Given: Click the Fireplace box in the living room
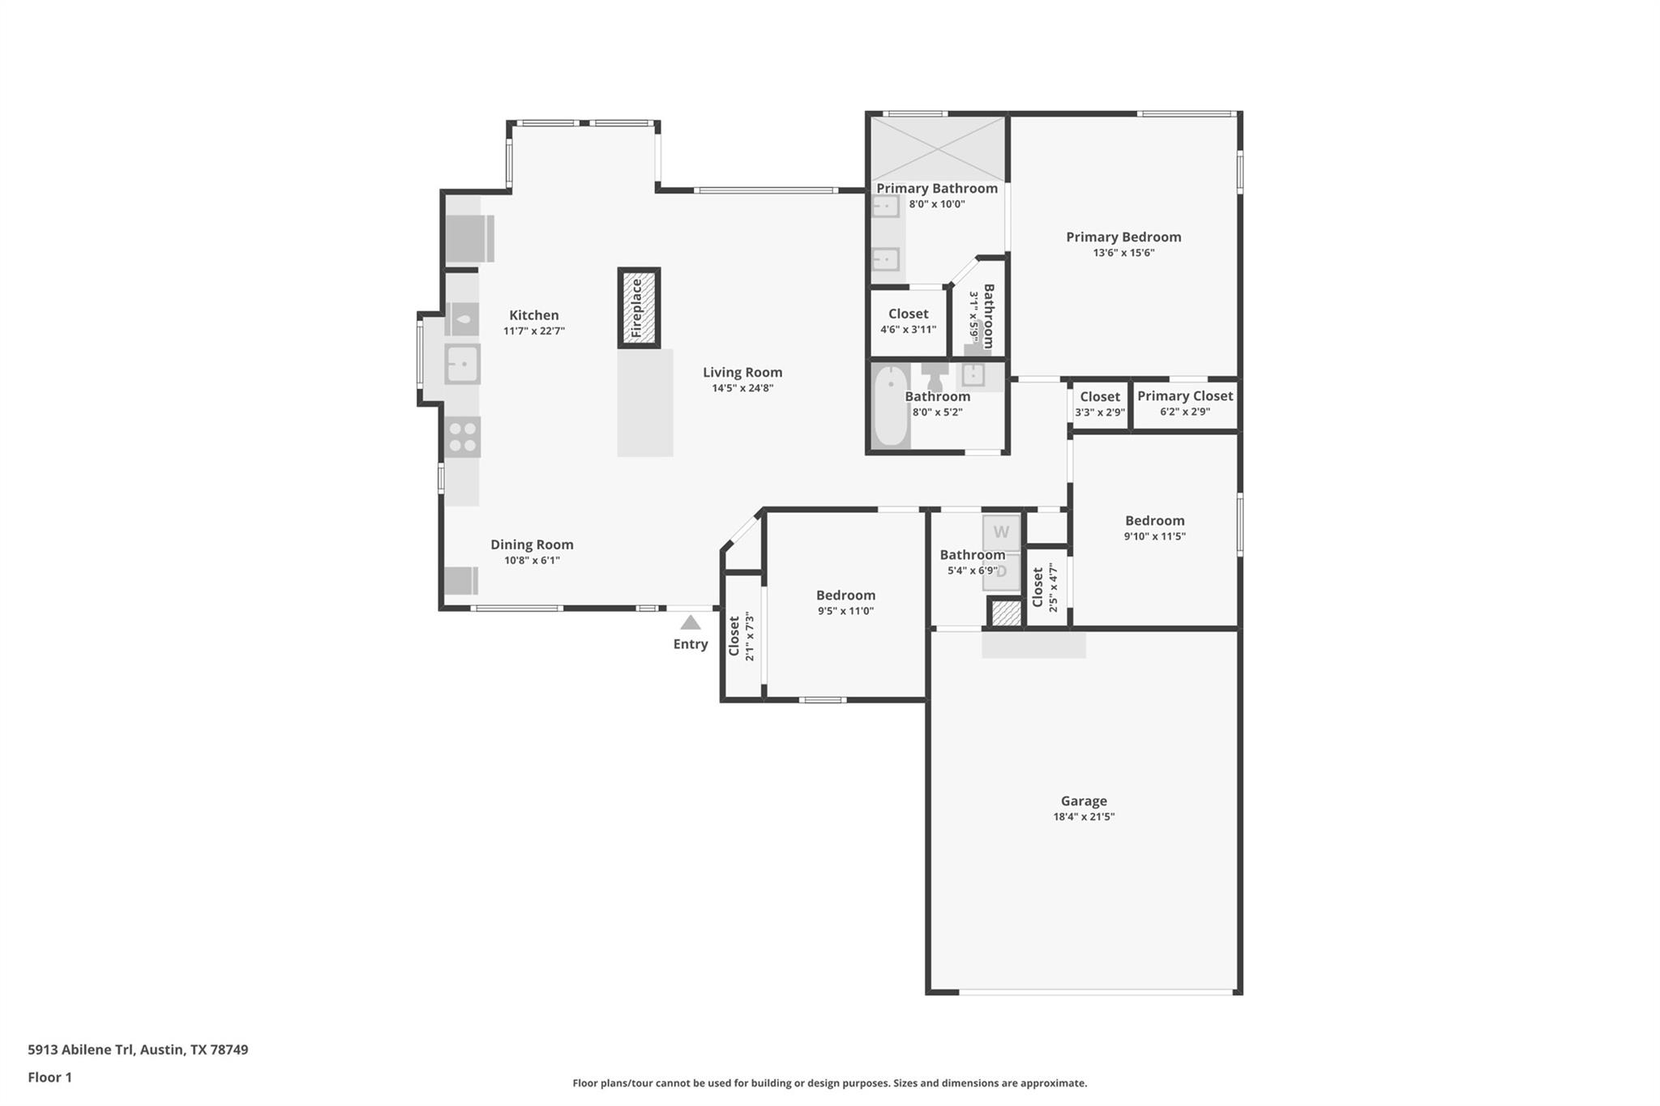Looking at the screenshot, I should click(x=639, y=308).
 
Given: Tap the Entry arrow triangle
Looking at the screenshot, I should click(x=690, y=622).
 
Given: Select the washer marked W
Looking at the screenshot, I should click(x=1001, y=532).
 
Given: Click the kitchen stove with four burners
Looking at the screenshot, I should click(x=462, y=438).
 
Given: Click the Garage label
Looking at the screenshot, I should click(x=1084, y=801).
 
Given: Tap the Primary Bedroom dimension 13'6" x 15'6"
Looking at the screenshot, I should click(x=1123, y=253).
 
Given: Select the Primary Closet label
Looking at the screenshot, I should click(x=1184, y=395).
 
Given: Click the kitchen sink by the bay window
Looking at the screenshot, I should click(x=462, y=364).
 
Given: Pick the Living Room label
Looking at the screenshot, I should click(x=742, y=372).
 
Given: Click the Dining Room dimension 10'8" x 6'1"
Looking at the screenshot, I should click(x=532, y=561).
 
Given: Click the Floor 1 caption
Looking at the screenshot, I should click(x=49, y=1077).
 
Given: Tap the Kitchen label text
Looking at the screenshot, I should click(x=533, y=315).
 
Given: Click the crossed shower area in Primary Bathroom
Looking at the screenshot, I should click(x=938, y=148).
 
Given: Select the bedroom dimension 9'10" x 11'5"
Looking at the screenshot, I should click(x=1154, y=536).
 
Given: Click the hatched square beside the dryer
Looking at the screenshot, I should click(x=1006, y=613).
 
